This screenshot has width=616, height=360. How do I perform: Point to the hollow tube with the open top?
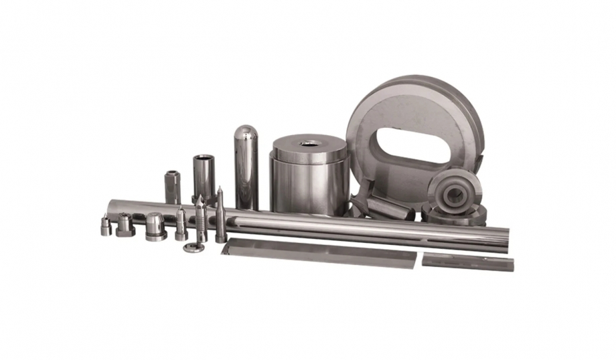204,177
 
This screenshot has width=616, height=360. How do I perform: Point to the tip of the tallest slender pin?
219,189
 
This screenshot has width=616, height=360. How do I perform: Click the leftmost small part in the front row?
106,226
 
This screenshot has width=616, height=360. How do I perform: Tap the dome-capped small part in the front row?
155,226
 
